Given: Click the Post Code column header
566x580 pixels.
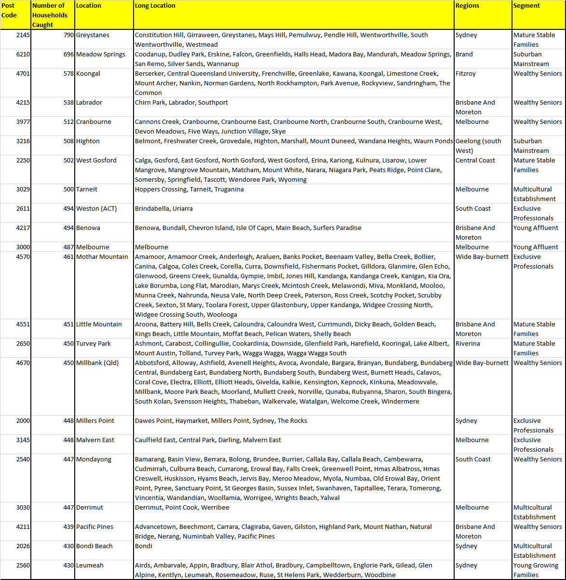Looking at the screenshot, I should [9, 11].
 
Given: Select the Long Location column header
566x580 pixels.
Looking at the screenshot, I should [155, 6].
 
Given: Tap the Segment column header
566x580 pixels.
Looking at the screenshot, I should [526, 6].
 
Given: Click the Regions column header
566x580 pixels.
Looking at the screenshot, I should [467, 6].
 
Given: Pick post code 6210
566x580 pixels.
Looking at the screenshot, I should [23, 54].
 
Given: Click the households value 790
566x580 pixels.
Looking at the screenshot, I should [69, 35].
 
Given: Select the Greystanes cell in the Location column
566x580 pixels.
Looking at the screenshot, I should [93, 35].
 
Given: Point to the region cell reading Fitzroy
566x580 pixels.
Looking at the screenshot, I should [466, 74].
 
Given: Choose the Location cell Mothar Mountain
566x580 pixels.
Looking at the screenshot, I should [102, 257].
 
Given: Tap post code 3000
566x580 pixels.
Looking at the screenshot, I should [23, 247].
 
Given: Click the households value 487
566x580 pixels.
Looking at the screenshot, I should [69, 247].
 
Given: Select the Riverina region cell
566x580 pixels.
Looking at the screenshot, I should [468, 344].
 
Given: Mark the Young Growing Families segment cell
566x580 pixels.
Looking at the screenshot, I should [535, 570].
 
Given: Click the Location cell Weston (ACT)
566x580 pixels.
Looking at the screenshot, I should [96, 209].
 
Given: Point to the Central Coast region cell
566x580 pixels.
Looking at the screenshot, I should [475, 161].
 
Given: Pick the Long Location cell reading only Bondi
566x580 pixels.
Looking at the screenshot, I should [144, 546].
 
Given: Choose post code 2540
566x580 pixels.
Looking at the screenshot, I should [23, 459].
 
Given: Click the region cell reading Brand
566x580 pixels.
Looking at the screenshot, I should [464, 54].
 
